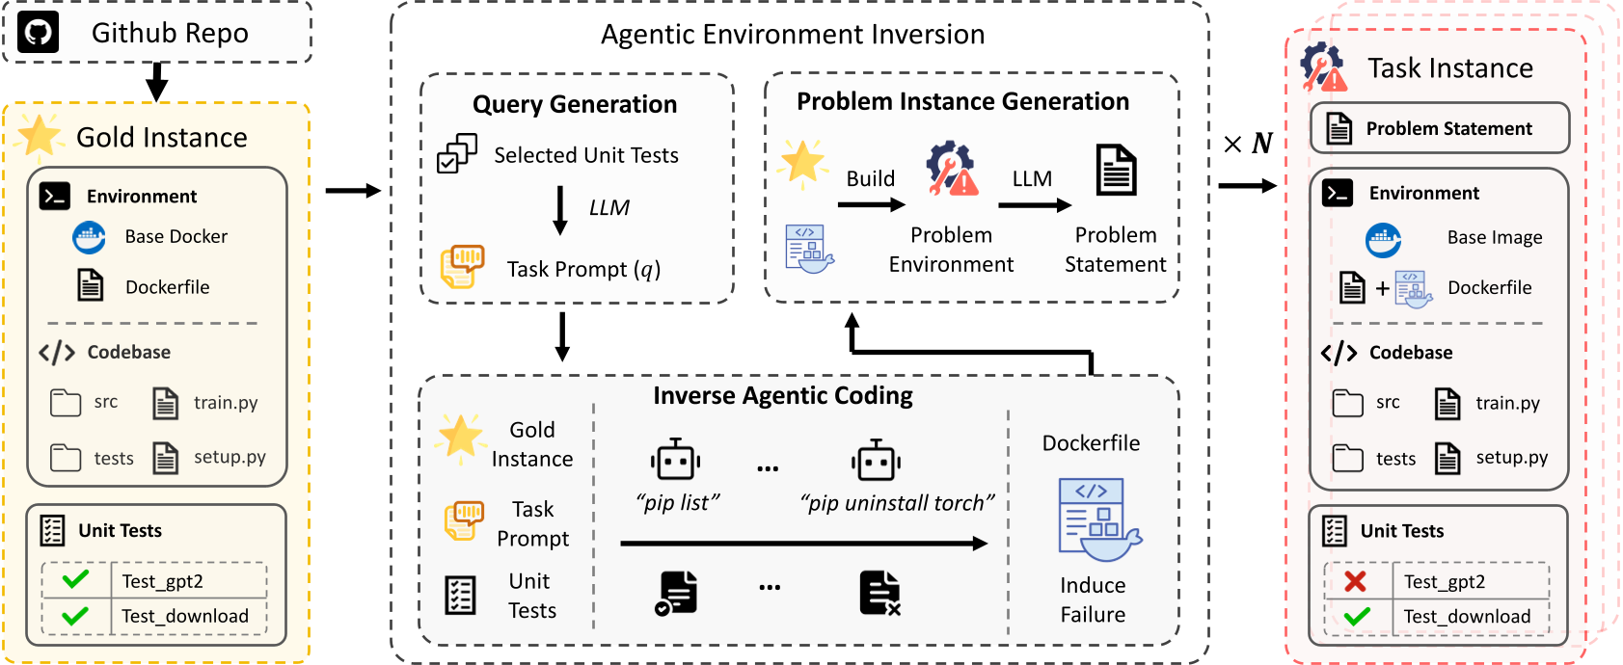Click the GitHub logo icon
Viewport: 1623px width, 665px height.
pyautogui.click(x=38, y=33)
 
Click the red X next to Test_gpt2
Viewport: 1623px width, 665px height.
pyautogui.click(x=1355, y=581)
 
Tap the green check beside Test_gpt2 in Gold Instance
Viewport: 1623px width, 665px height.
pyautogui.click(x=75, y=580)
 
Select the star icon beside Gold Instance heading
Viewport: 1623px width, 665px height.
pyautogui.click(x=40, y=136)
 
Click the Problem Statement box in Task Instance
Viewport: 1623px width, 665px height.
pyautogui.click(x=1439, y=128)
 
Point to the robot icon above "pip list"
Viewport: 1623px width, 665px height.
pyautogui.click(x=675, y=462)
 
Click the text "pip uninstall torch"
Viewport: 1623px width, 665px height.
pyautogui.click(x=897, y=503)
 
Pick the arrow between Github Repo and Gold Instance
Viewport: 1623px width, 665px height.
pyautogui.click(x=156, y=82)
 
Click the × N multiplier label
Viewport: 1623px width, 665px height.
pyautogui.click(x=1248, y=144)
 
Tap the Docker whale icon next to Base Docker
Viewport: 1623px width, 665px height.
pyautogui.click(x=90, y=236)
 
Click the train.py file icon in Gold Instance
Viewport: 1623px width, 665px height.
pyautogui.click(x=165, y=403)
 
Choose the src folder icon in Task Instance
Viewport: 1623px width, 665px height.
pyautogui.click(x=1347, y=403)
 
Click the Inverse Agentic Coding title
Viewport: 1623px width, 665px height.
pyautogui.click(x=782, y=395)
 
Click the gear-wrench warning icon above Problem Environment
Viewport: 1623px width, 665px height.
pyautogui.click(x=951, y=170)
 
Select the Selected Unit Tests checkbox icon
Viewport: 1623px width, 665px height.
pyautogui.click(x=456, y=154)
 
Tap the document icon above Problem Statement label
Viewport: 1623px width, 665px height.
pyautogui.click(x=1116, y=170)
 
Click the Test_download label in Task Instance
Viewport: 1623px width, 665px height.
pyautogui.click(x=1466, y=617)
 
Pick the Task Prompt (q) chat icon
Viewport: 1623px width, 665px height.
pyautogui.click(x=462, y=267)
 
